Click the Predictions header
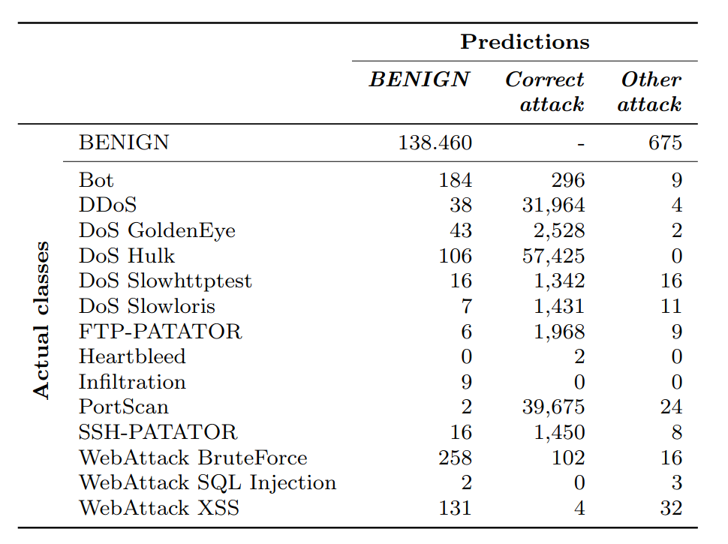coord(525,42)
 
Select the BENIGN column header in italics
coord(419,80)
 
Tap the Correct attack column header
coord(545,92)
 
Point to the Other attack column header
coord(650,92)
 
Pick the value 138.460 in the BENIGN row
coord(435,143)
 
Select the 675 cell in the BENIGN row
coord(665,143)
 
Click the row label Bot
coord(96,180)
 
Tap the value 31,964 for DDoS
coord(554,206)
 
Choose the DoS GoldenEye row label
coord(157,231)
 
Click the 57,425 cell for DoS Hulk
coord(554,256)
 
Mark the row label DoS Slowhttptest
coord(165,281)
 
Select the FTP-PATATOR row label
coord(161,332)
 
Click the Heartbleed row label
coord(132,357)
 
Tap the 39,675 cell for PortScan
coord(554,407)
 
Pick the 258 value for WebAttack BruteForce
coord(456,458)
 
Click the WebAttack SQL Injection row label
coord(207,483)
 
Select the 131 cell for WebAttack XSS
coord(456,509)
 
